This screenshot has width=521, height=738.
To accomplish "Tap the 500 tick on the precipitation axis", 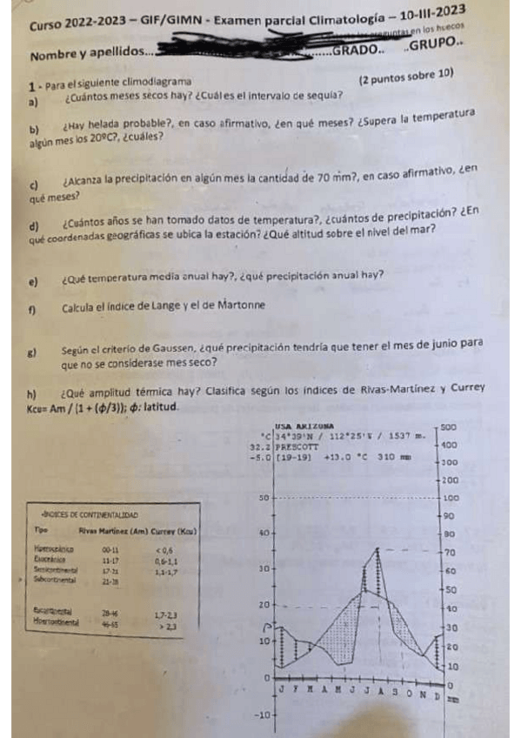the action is pyautogui.click(x=449, y=427).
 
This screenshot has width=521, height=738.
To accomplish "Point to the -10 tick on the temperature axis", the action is pyautogui.click(x=262, y=715).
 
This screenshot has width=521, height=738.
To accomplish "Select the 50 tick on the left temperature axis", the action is pyautogui.click(x=264, y=498).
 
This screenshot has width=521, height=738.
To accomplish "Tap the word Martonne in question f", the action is pyautogui.click(x=235, y=305).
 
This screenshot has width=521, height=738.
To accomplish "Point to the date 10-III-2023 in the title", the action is pyautogui.click(x=422, y=14).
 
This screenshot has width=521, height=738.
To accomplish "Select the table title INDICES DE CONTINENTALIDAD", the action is pyautogui.click(x=84, y=516).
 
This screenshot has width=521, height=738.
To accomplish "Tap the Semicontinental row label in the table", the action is pyautogui.click(x=54, y=569).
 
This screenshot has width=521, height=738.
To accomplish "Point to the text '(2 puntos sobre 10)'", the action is pyautogui.click(x=406, y=77).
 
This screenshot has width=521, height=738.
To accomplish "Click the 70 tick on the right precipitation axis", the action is pyautogui.click(x=451, y=553).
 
